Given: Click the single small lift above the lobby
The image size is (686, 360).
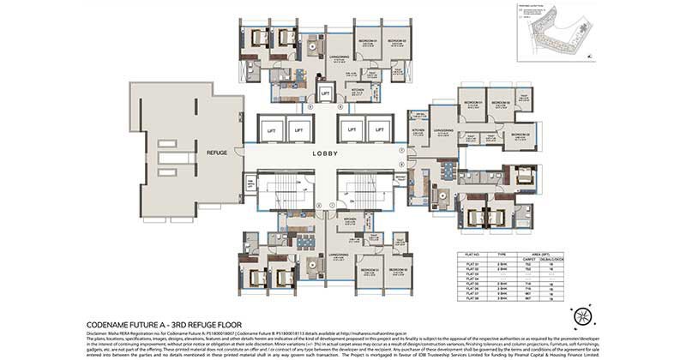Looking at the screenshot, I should (x=325, y=93).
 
